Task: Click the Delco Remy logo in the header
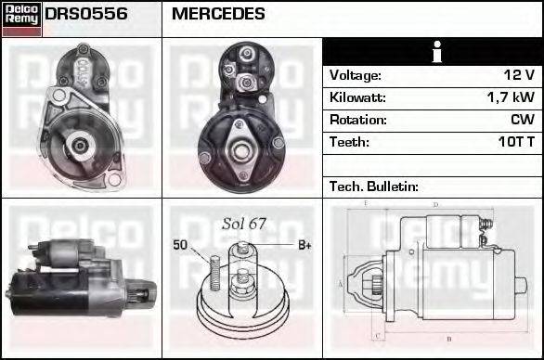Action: click(21, 19)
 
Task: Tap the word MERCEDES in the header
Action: click(218, 15)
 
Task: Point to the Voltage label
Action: click(356, 75)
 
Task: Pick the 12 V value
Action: click(517, 75)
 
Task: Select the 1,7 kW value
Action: click(510, 97)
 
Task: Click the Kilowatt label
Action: click(357, 97)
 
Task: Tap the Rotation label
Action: click(357, 120)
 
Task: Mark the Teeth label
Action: click(349, 142)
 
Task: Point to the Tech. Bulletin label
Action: click(374, 186)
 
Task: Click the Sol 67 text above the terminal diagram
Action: click(244, 224)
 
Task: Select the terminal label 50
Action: click(180, 245)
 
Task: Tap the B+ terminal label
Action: click(304, 245)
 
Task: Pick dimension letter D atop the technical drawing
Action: click(435, 204)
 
